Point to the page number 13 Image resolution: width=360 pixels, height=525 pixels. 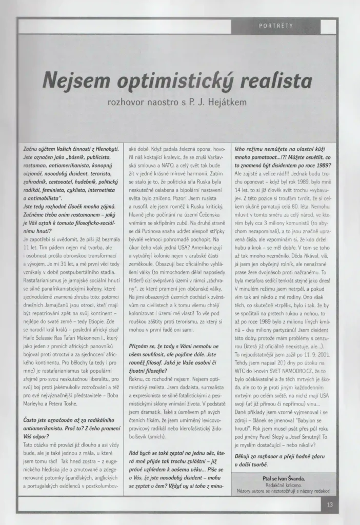(330, 504)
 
